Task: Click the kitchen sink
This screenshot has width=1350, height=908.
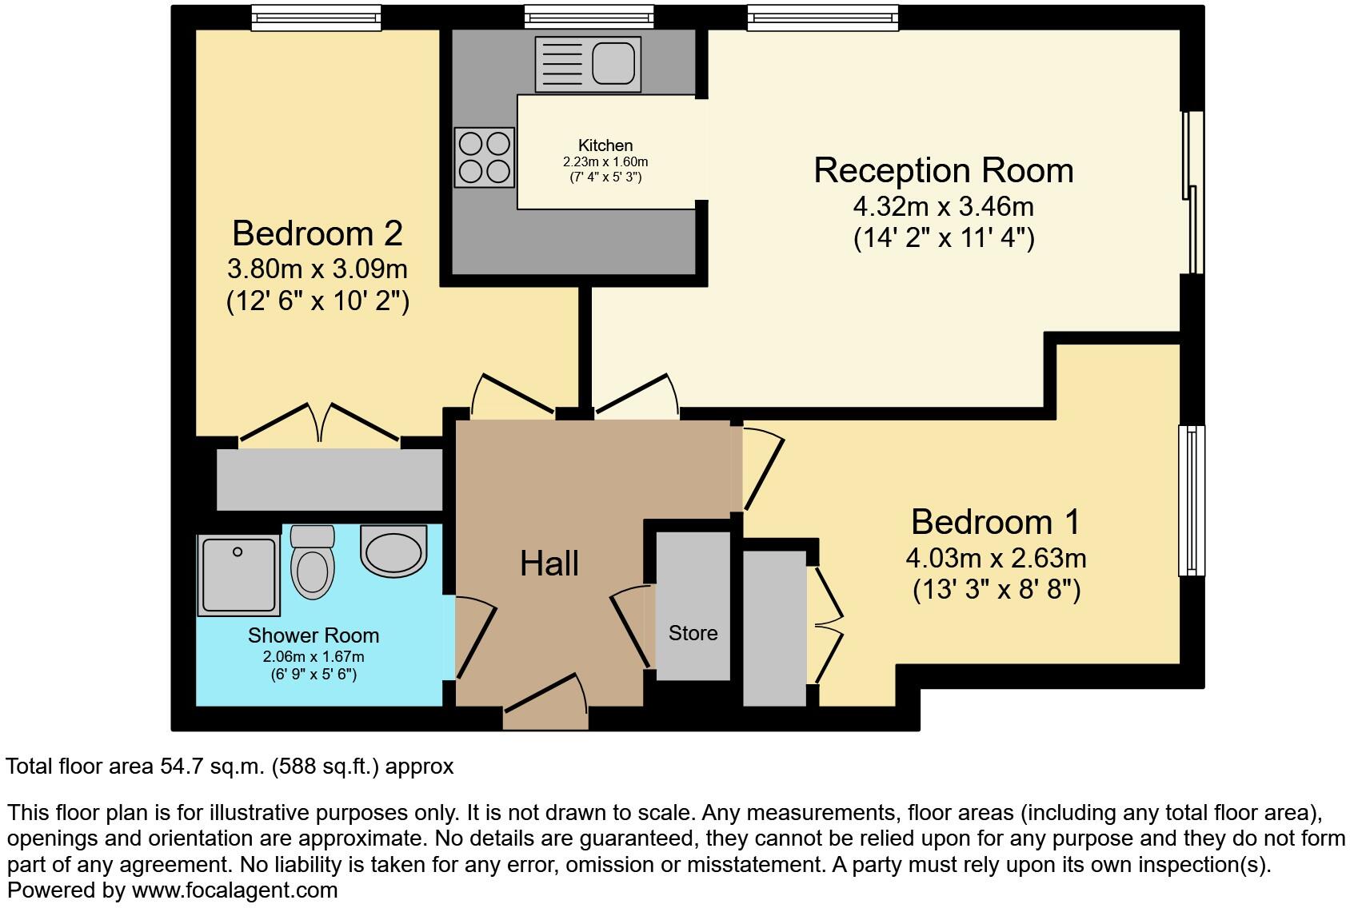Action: pos(588,64)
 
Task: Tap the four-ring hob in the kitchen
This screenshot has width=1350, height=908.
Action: pos(485,157)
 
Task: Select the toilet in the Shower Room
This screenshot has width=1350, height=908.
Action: pos(312,562)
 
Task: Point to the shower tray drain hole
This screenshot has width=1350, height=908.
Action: pos(238,552)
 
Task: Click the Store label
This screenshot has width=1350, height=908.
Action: pos(693,633)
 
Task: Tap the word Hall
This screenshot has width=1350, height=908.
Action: pos(549,564)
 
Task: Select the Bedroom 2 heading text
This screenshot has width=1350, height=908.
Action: pos(318,233)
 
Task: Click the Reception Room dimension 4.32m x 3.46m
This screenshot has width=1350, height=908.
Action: pos(943,207)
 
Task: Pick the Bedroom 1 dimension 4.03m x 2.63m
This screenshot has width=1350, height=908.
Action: pos(996,559)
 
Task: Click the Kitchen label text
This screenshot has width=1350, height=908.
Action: pos(605,145)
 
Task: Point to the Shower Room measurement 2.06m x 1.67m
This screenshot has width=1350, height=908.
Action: pos(314,657)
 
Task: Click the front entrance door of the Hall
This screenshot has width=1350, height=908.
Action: pos(545,701)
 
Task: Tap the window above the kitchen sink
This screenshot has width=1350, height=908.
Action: pos(589,17)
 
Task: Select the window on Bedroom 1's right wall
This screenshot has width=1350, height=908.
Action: pos(1192,500)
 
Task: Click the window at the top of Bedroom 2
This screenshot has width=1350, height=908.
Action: pos(317,18)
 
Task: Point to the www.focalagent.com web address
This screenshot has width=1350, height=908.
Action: pos(234,890)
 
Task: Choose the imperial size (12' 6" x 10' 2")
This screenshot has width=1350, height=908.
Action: pos(318,301)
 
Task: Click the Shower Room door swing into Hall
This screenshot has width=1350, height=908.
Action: pos(476,639)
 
